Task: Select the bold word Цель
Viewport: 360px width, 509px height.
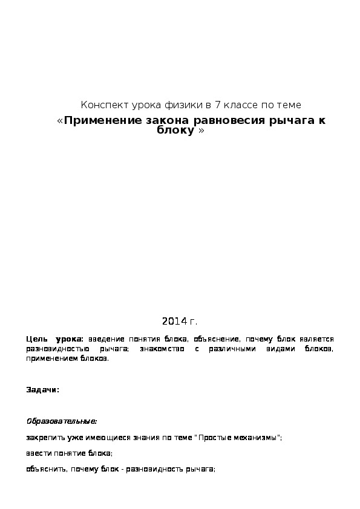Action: click(x=36, y=340)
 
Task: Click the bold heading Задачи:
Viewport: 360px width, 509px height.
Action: click(x=42, y=390)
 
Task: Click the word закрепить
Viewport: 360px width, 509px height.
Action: click(x=44, y=437)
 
